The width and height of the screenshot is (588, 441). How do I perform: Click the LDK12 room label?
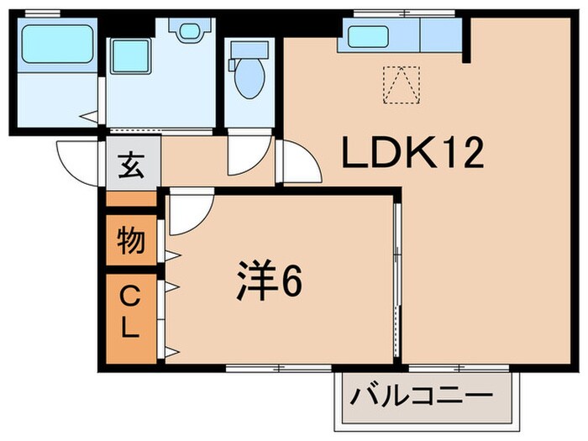point(412,154)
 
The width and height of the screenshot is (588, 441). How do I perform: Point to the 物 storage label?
point(131,241)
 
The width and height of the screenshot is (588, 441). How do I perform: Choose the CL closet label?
point(130,312)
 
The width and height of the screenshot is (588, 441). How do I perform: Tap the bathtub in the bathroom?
point(56,44)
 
